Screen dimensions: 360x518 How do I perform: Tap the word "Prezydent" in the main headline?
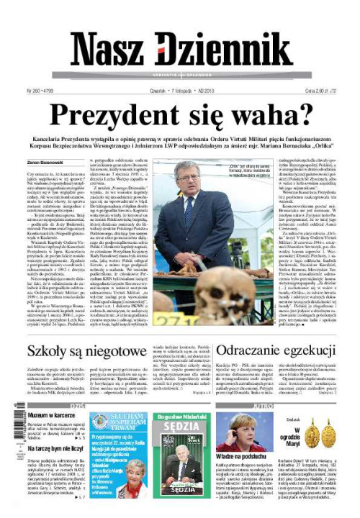click(x=127, y=115)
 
